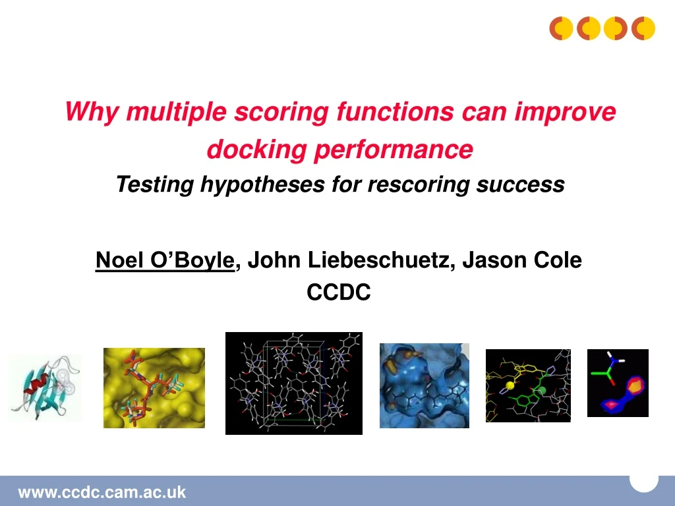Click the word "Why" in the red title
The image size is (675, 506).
[91, 112]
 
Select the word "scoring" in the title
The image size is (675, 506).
[281, 112]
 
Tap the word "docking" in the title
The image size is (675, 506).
[256, 150]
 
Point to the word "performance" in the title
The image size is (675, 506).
[394, 150]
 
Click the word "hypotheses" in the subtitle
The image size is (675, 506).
[262, 184]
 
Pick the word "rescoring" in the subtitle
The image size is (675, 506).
[419, 184]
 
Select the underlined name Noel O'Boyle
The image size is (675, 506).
[165, 260]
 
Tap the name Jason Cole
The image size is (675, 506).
[522, 260]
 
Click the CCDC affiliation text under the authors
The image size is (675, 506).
[338, 292]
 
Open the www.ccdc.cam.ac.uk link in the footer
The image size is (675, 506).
[102, 492]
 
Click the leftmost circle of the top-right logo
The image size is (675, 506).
[561, 28]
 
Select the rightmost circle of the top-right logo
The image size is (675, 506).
[643, 28]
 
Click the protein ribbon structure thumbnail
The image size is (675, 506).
[44, 387]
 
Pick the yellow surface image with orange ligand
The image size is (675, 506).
[154, 388]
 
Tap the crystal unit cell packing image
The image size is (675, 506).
[294, 383]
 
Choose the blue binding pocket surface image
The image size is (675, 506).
[425, 385]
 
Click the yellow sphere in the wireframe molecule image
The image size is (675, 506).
[510, 385]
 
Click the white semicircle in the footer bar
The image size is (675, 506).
[644, 482]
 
